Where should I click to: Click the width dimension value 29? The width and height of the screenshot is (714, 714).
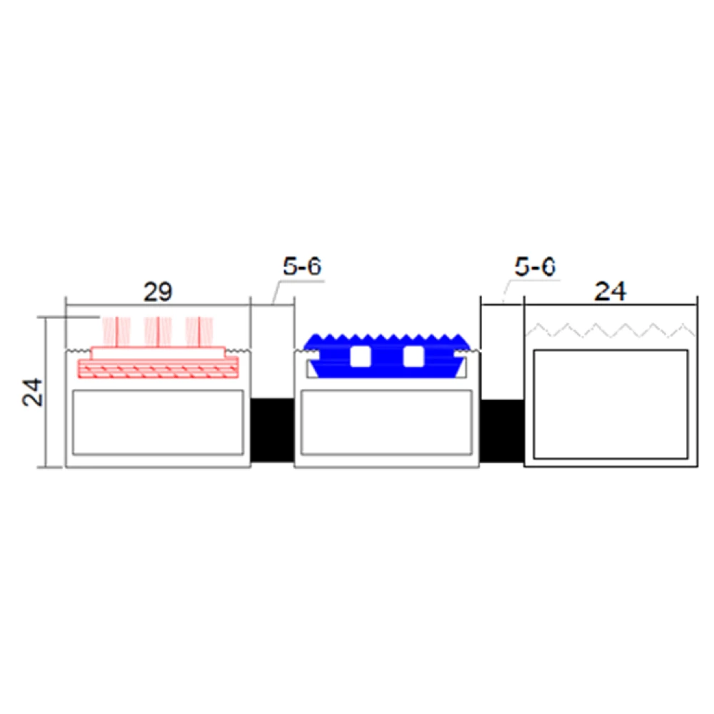[158, 291]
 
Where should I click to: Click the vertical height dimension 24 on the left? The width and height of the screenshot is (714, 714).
[33, 392]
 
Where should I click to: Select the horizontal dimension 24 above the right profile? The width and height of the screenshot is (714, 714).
[610, 291]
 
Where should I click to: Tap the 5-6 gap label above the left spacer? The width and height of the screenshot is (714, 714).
[302, 266]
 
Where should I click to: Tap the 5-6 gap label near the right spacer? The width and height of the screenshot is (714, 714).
[535, 266]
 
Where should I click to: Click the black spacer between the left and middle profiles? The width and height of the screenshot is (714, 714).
[272, 430]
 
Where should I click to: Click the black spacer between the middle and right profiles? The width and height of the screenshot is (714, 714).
[502, 431]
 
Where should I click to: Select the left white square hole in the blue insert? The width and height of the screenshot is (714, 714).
[360, 356]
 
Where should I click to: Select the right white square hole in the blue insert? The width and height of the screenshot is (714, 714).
[413, 356]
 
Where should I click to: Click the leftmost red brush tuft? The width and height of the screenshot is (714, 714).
[116, 331]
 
